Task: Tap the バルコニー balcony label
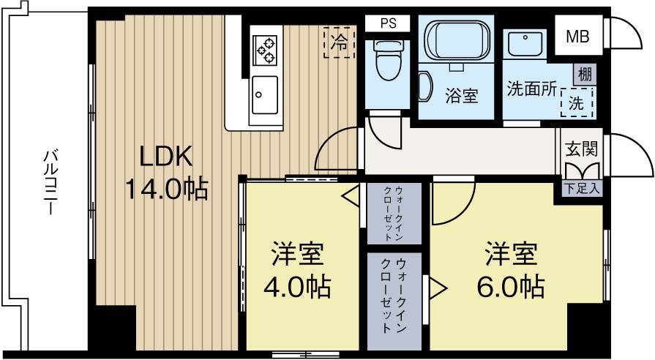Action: pos(49,181)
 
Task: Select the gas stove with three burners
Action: pos(265,49)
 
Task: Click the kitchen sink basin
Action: pos(264,94)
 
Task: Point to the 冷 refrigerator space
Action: pos(339,42)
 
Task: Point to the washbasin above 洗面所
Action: pos(524,45)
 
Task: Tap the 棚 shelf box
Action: pos(584,74)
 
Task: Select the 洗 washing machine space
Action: pos(577,103)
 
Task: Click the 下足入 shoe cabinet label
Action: pos(583,188)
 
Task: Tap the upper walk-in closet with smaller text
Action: pos(393,213)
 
